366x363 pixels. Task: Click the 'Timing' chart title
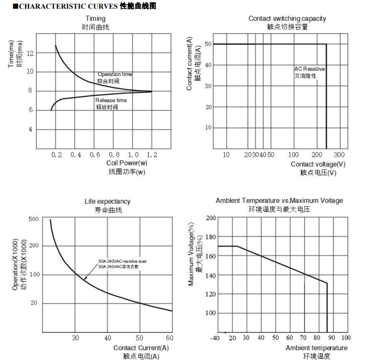(95, 19)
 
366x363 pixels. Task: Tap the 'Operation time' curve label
(114, 74)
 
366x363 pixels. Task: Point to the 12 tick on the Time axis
(30, 53)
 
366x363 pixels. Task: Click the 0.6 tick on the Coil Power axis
(95, 154)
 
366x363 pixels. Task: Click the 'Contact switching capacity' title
(287, 19)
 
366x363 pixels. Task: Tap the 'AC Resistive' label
(309, 69)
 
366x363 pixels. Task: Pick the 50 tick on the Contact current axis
(208, 44)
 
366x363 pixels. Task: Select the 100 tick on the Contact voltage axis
(293, 154)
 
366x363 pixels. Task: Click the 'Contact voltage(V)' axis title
(318, 164)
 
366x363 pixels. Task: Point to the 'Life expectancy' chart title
(107, 202)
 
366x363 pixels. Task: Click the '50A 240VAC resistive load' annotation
(122, 261)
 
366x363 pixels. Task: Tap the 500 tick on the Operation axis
(33, 219)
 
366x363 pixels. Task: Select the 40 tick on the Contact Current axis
(107, 338)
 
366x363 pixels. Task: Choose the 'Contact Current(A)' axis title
(141, 347)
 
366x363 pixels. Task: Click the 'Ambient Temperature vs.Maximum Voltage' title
(279, 200)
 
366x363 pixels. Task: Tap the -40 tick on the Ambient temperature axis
(215, 338)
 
